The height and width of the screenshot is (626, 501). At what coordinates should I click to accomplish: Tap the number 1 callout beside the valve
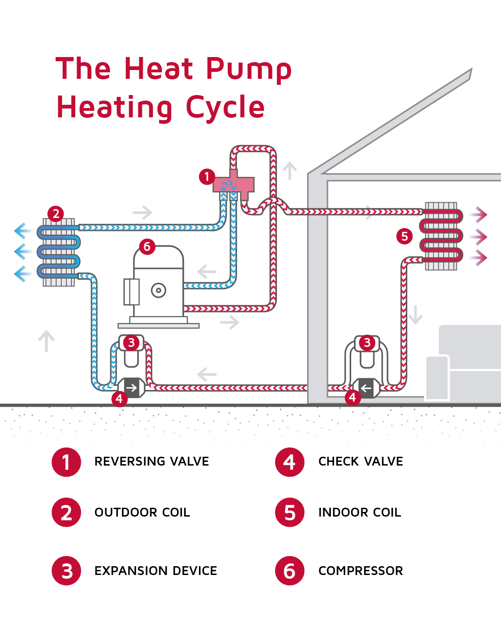coord(207,177)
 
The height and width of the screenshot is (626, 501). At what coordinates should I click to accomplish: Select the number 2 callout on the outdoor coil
coord(56,214)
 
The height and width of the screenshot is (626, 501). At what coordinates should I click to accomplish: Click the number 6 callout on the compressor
coord(147,247)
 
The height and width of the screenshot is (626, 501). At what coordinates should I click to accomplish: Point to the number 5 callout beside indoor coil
coord(405,236)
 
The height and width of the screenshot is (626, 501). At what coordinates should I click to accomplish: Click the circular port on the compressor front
coord(159,291)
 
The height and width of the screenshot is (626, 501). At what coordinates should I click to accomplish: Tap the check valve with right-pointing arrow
coord(132,388)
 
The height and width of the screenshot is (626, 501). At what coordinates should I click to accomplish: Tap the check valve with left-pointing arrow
coord(366,388)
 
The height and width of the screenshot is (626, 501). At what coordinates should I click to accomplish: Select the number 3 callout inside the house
coord(367,343)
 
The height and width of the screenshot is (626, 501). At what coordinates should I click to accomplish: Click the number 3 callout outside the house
coord(131,343)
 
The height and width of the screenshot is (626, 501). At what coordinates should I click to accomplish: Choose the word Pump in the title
coord(249,70)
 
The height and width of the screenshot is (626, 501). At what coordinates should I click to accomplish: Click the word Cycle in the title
coord(225,108)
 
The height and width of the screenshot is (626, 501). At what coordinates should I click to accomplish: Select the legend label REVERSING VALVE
coord(152,461)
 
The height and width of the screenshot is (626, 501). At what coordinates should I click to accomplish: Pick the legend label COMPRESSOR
coord(360,571)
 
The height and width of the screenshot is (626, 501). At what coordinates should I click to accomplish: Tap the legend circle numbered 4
coord(289,462)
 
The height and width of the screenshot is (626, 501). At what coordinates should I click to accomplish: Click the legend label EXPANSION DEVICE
coord(156,571)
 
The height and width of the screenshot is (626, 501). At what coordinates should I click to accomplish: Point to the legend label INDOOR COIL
coord(360,512)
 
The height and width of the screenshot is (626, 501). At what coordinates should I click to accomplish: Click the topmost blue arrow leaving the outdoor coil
coord(22,230)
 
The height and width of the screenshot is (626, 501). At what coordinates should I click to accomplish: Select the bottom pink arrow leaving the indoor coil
coord(479,258)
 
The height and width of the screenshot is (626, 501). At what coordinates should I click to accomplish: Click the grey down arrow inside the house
coord(415,314)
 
